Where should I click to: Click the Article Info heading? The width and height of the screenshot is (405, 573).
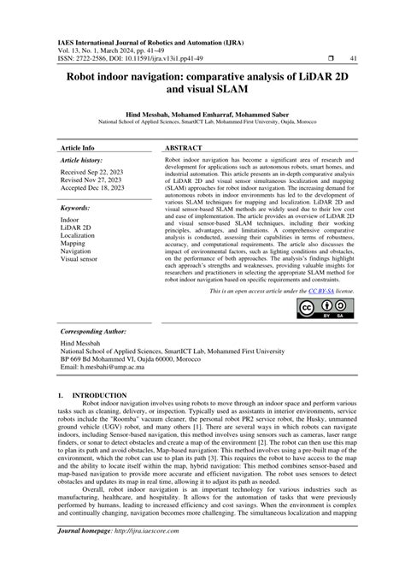77,147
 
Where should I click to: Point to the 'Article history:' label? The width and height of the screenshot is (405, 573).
81,160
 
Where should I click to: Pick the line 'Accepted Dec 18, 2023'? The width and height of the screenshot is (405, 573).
93,191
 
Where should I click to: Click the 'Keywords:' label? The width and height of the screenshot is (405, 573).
74,208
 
